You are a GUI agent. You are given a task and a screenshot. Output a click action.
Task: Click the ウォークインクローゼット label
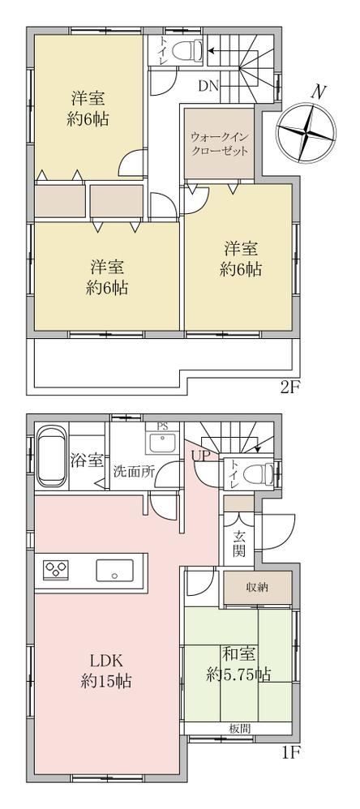click(x=219, y=144)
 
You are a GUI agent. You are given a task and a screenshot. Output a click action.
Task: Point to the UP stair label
click(x=199, y=456)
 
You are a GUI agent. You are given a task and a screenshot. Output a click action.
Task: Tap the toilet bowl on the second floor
click(x=186, y=50)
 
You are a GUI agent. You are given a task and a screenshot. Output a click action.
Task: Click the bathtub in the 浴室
click(x=52, y=455)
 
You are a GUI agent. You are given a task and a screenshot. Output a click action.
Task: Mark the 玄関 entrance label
click(x=239, y=543)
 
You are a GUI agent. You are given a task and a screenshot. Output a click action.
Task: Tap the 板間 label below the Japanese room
click(x=240, y=729)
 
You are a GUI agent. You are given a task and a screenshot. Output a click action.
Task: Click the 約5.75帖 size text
click(x=239, y=674)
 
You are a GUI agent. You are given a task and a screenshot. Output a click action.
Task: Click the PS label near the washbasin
click(x=162, y=426)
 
